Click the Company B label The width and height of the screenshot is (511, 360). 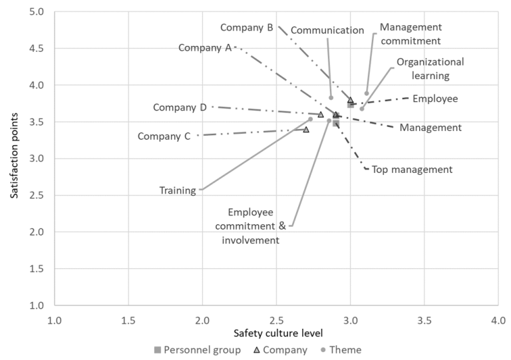coord(247,28)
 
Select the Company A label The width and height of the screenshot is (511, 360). coord(205,48)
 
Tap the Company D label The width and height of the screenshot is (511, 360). coord(180,107)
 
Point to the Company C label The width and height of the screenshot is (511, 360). coord(164,136)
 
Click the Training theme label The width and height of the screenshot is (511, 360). coord(178,190)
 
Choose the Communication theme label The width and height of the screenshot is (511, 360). coord(327,30)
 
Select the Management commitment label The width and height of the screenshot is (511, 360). coord(411,34)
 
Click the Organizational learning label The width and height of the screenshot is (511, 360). coord(430,69)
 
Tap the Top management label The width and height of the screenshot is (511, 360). coord(412,170)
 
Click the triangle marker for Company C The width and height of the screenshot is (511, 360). coord(306,129)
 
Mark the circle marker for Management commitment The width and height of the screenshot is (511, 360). coord(367,94)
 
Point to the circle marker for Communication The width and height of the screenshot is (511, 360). coord(331,98)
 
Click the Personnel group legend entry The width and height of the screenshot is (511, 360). coord(198,350)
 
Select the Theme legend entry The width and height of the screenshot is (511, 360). coord(341,350)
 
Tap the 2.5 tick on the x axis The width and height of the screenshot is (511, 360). coord(277,320)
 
